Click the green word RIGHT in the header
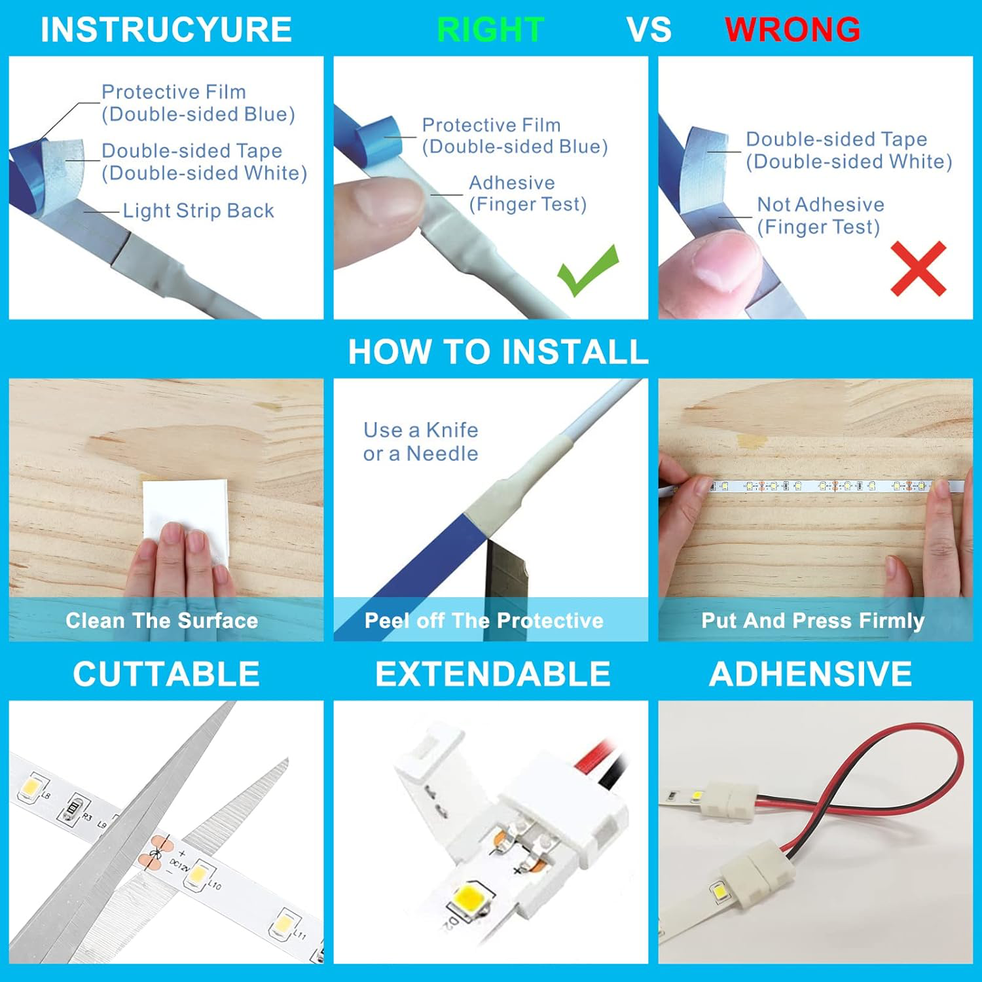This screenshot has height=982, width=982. (x=490, y=29)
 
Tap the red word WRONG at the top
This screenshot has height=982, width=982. (x=792, y=29)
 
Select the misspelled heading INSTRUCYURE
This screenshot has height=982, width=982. (x=166, y=29)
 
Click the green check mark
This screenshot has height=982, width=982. (x=587, y=269)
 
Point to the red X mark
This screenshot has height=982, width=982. (x=918, y=268)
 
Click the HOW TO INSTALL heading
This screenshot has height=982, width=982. (x=498, y=352)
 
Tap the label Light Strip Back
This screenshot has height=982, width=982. (x=198, y=211)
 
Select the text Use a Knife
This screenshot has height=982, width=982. (x=420, y=430)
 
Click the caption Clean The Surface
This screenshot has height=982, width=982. (x=162, y=621)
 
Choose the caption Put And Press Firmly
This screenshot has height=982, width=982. (x=812, y=621)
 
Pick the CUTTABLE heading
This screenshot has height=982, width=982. (x=166, y=674)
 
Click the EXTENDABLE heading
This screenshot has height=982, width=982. (x=492, y=674)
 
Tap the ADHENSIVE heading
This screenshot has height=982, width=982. (x=810, y=674)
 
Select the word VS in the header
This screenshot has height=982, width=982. (x=648, y=29)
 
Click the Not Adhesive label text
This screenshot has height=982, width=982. (x=820, y=205)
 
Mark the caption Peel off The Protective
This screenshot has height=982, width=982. (x=484, y=621)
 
